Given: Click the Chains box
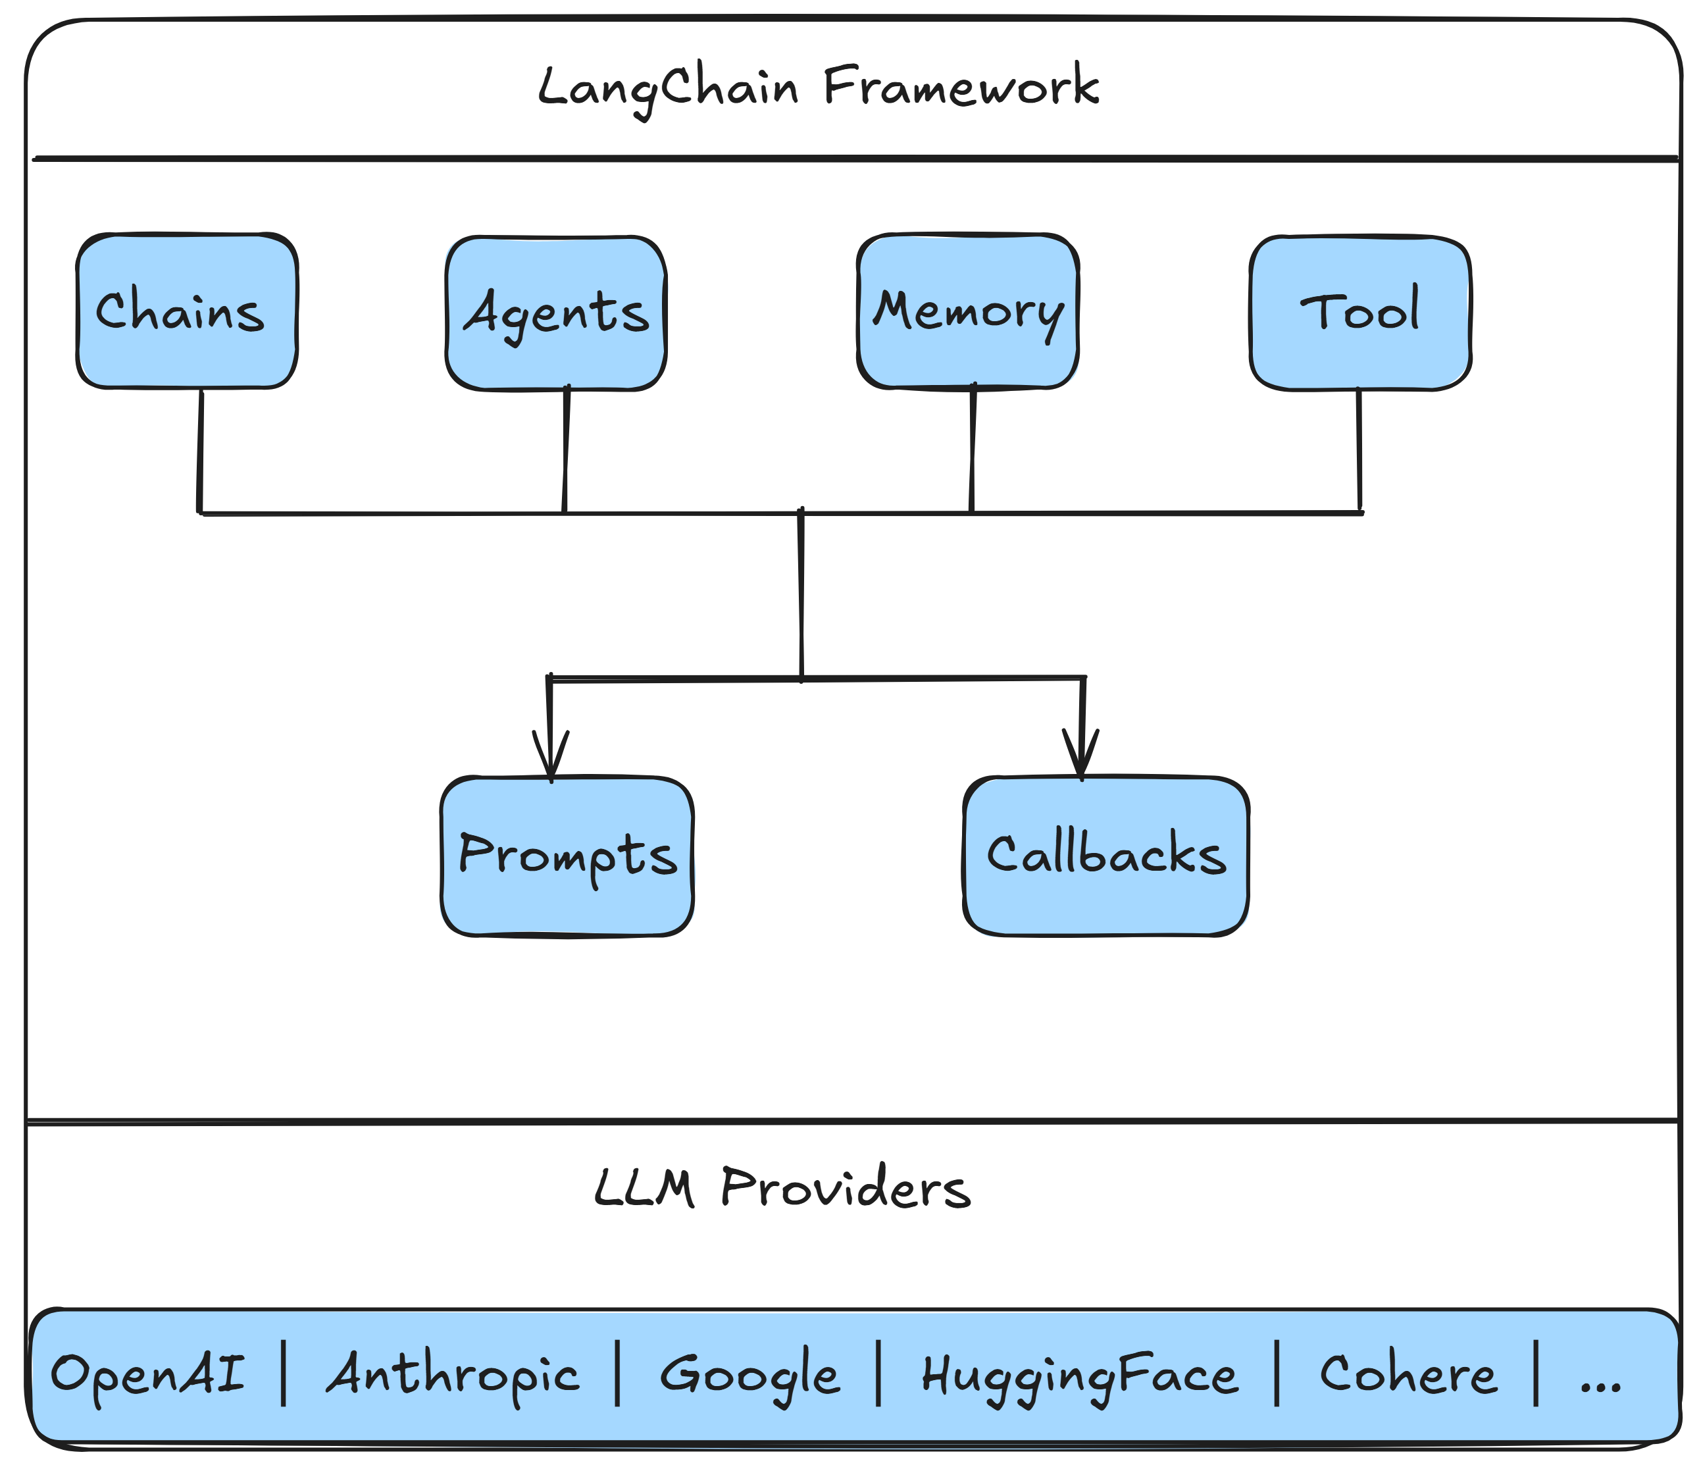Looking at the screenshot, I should (186, 311).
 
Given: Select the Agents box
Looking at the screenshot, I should (556, 313).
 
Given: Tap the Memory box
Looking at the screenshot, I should (967, 311).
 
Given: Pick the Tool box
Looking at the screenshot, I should (1359, 313).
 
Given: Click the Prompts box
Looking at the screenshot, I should (567, 856).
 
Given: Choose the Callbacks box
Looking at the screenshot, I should (1105, 856).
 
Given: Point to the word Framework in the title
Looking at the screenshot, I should (961, 87).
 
